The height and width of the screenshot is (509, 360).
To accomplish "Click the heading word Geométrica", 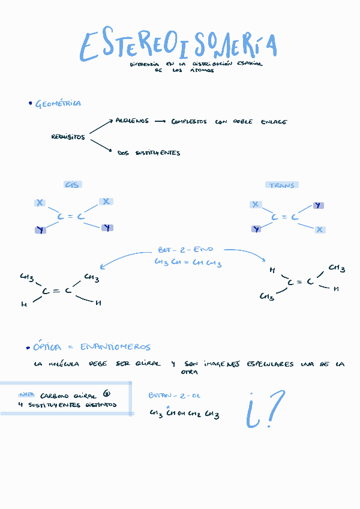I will pos(58,104).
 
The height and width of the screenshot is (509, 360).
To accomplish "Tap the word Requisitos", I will pos(68,137).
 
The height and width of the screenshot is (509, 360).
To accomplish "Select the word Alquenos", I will pos(132,121).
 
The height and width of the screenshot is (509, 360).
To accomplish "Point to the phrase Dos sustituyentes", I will pos(149,153).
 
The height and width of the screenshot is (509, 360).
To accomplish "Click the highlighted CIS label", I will pos(72,185).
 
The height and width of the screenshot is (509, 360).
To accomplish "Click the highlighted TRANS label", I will pos(281,185).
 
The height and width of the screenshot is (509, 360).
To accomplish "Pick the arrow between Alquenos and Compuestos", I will pos(160,121).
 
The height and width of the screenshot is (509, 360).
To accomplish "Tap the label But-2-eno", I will pos(185,249).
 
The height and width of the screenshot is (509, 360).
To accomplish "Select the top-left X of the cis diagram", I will pos(40,203).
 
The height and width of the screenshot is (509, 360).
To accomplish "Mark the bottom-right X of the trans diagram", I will pos(320,229).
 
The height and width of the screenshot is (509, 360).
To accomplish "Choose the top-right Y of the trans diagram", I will pos(318,206).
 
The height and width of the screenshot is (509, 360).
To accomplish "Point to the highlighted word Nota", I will pos(26,395).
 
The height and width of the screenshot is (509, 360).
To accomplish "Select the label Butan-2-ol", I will pos(175,396).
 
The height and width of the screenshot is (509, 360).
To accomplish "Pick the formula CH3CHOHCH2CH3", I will pos(184,414).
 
